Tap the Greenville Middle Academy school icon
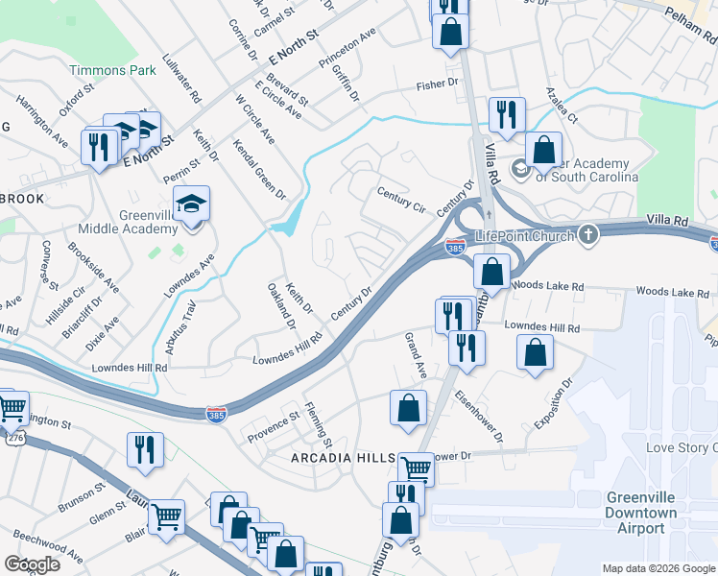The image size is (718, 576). click(x=192, y=204)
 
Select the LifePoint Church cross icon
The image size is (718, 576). click(x=588, y=235)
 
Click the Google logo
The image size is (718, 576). click(x=32, y=564)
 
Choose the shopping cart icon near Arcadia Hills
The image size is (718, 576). click(x=416, y=469)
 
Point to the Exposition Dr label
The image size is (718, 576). click(x=553, y=403)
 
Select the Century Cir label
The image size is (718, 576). click(x=401, y=199)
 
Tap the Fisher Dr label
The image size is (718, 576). click(x=438, y=85)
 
